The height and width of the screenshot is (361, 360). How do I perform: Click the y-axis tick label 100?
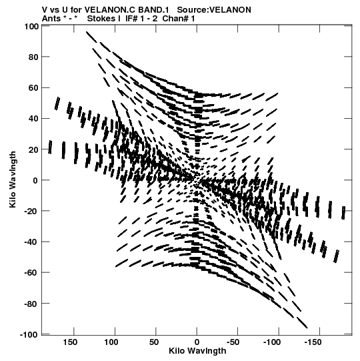31,27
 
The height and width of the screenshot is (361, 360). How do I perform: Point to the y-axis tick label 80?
33,57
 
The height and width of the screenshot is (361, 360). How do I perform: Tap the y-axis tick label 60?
33,87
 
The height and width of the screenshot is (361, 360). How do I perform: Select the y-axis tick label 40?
33,119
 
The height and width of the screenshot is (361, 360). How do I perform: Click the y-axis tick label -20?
31,211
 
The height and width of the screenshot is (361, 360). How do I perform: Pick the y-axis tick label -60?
31,273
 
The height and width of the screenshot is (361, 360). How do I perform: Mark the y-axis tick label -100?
29,334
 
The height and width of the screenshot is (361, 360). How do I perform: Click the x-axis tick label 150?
70,342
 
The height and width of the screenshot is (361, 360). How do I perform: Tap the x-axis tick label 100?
111,342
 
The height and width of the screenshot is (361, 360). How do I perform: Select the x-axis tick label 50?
154,342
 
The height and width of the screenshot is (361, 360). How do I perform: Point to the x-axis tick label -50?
233,342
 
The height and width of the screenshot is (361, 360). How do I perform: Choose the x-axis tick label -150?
313,342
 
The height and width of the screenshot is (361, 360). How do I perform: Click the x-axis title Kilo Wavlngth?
197,351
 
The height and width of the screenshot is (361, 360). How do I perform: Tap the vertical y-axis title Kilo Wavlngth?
13,179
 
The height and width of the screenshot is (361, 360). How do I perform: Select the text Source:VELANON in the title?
214,10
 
